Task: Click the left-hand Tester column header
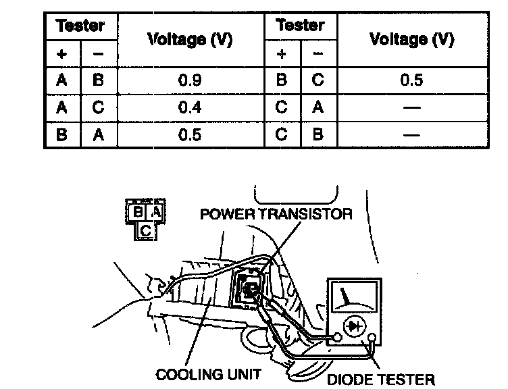[81, 26]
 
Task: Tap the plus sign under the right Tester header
[282, 53]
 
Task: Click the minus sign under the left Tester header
[99, 53]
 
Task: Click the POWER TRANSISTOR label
[276, 214]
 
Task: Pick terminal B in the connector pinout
[137, 212]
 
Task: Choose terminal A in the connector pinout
[155, 212]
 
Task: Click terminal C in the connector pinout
[147, 231]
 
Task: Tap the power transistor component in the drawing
[248, 288]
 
